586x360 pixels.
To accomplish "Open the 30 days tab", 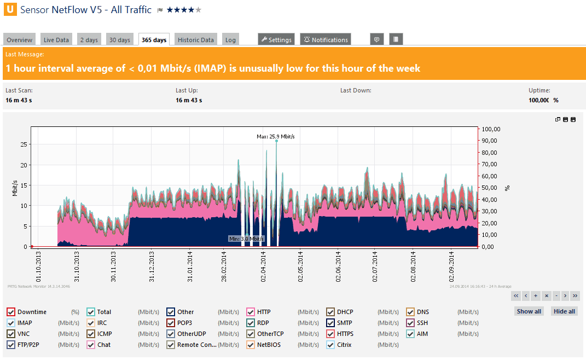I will point(119,40).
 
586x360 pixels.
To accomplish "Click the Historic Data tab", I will point(195,40).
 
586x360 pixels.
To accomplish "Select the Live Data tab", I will point(56,40).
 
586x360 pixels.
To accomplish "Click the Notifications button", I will point(326,40).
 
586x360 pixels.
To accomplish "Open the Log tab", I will point(230,40).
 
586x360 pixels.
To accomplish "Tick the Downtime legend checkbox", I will point(11,312).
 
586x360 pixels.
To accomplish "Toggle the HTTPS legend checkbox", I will point(330,334).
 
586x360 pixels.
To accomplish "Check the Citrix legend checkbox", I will point(330,345).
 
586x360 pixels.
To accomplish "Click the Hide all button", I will point(564,311).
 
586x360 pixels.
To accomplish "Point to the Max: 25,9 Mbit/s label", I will point(279,136).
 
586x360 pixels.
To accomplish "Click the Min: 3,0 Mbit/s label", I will point(246,239).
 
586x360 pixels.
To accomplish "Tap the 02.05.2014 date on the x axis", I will point(300,266).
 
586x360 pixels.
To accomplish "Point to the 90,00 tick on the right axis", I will point(491,141).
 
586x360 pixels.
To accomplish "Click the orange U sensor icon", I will point(9,10).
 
